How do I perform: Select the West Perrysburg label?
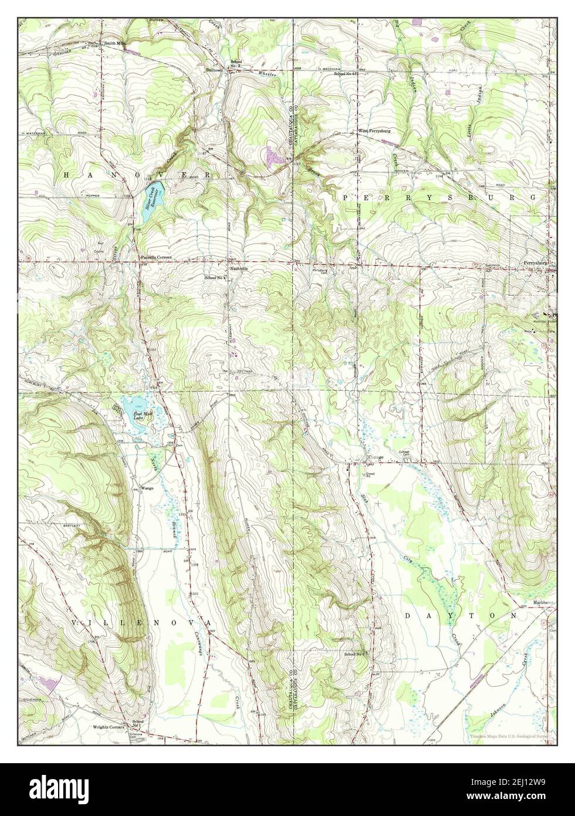click(375, 130)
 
